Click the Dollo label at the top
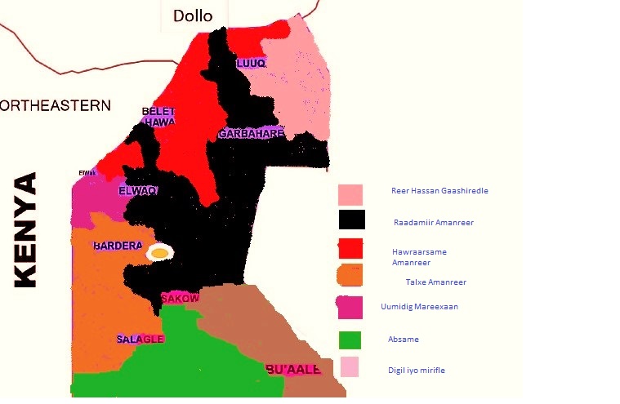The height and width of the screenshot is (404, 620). point(193,16)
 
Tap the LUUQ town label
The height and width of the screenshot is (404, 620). point(251,64)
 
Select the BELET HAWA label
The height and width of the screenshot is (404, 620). point(158,117)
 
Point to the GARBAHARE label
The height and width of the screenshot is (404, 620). point(251,133)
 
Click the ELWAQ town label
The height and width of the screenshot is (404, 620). point(137,190)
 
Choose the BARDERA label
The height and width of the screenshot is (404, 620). point(118,245)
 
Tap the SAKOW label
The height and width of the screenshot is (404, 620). point(180,299)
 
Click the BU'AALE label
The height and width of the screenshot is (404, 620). point(293,370)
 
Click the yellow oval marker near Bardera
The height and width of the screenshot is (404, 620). point(160,253)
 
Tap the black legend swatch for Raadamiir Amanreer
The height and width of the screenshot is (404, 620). point(351,220)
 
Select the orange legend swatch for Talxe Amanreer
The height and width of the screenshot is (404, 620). point(350,275)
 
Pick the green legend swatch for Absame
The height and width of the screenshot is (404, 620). point(350,340)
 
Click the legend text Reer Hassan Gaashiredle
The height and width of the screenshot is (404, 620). point(439,191)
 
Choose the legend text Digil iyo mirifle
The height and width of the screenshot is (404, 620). point(417,371)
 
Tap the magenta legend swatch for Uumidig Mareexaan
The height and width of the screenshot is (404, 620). point(350,307)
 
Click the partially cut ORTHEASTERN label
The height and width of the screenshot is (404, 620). point(55,105)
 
